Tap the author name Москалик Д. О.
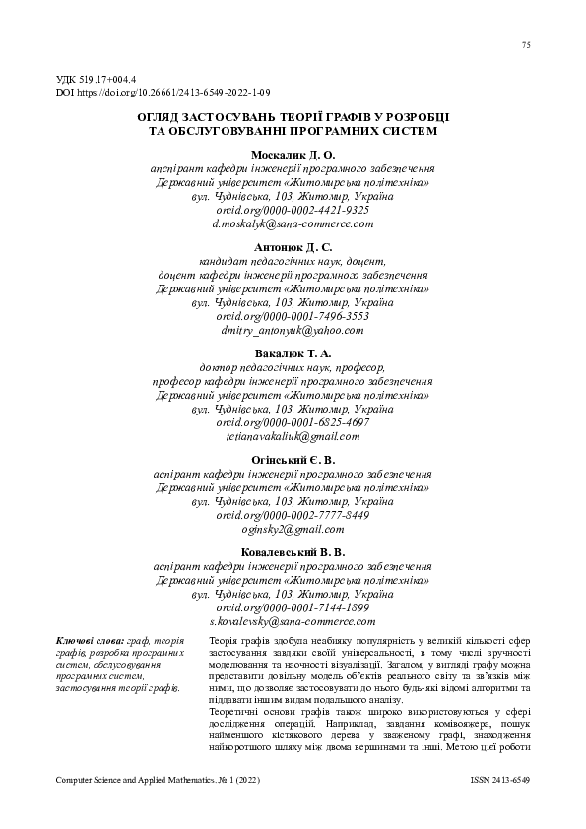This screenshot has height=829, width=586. (293, 155)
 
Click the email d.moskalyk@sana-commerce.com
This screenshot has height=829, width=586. (293, 223)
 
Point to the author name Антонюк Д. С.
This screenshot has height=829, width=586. (293, 248)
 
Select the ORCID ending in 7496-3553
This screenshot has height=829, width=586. (293, 317)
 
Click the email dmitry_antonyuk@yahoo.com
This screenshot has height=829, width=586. (293, 331)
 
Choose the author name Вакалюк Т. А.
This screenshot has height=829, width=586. (293, 352)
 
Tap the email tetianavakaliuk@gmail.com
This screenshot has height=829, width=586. (293, 435)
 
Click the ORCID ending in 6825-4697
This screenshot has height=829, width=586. (293, 421)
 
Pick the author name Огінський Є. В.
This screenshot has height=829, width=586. (293, 460)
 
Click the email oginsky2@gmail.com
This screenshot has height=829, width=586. (293, 529)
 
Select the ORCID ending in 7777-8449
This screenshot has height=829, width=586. (293, 515)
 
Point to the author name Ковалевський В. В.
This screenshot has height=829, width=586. (293, 553)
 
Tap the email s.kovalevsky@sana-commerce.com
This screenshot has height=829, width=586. (293, 622)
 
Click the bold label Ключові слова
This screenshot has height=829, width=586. (83, 642)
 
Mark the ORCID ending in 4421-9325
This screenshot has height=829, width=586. (293, 210)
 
